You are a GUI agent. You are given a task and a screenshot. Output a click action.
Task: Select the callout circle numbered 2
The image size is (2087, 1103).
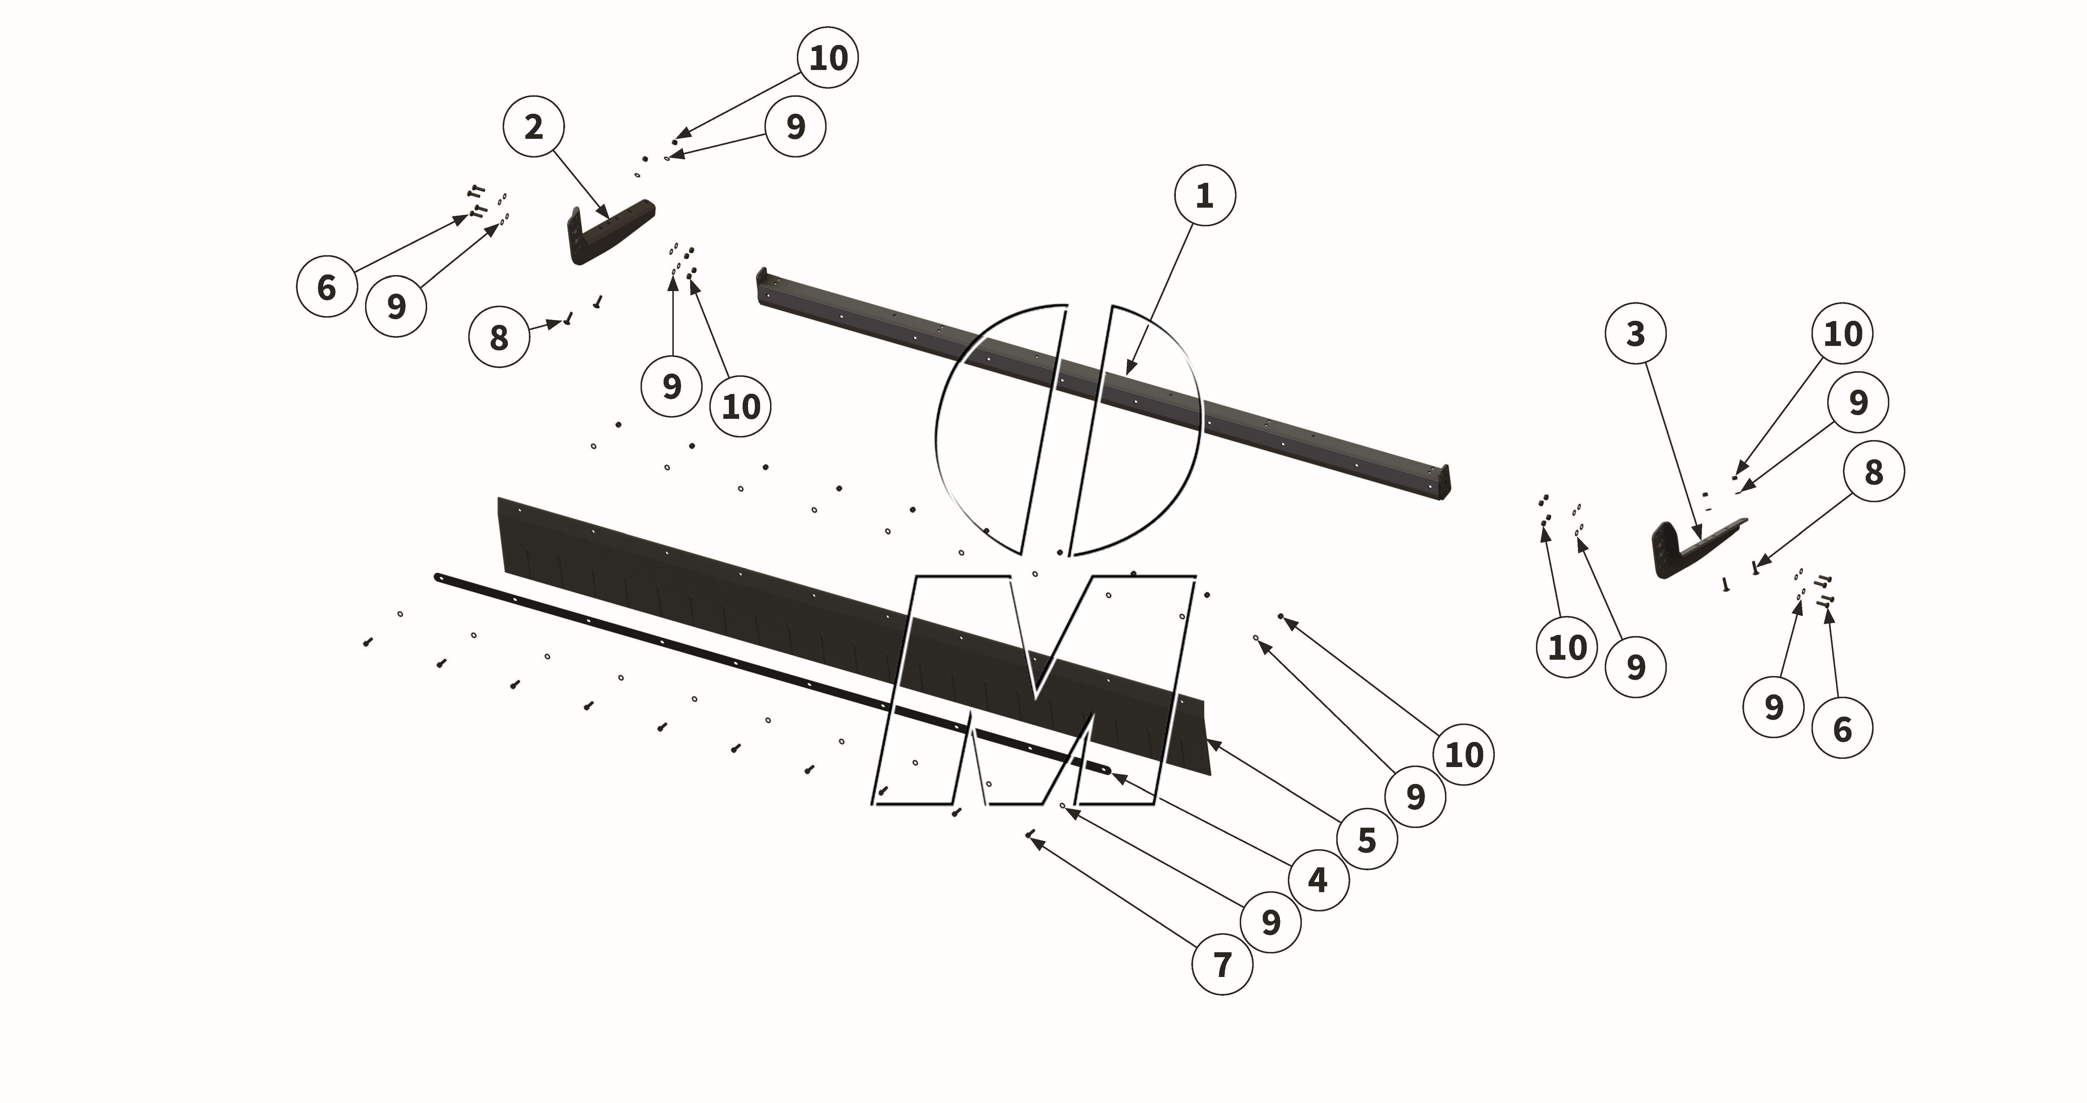[x=533, y=127]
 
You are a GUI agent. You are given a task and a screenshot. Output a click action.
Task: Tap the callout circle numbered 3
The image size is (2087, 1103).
[x=1635, y=334]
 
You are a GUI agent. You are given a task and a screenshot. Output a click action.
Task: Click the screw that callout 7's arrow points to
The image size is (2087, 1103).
[x=1030, y=834]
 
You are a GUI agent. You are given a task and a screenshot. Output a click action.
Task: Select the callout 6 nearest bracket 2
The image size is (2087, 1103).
[x=327, y=287]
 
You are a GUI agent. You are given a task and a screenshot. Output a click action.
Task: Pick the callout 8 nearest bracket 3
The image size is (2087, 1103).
[x=1873, y=472]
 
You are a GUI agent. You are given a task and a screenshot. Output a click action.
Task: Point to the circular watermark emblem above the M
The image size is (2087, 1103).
[x=1068, y=430]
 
